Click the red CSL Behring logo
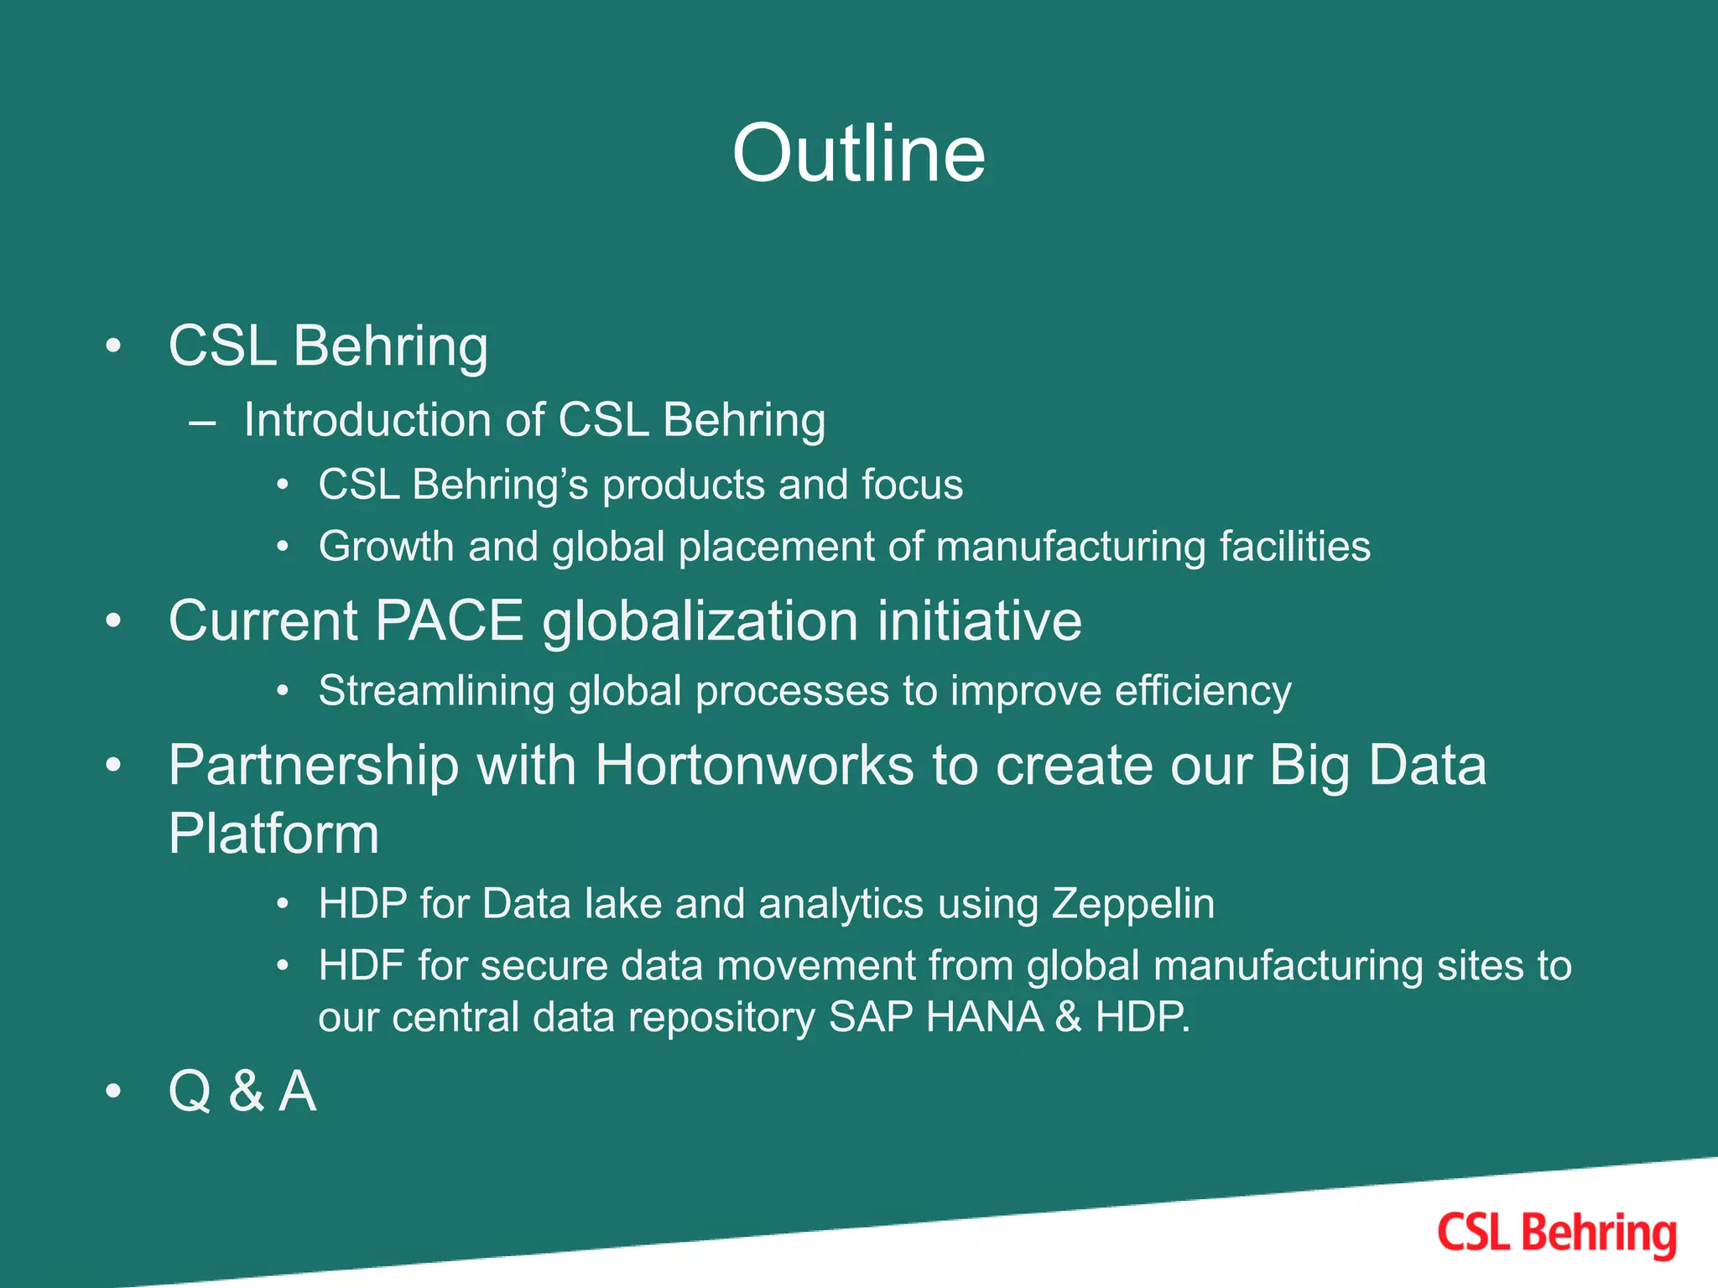tap(1556, 1233)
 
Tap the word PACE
tap(449, 621)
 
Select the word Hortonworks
tap(754, 766)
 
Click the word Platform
tap(273, 834)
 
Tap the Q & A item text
tap(242, 1092)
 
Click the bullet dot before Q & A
tap(113, 1092)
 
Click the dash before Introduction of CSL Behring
tap(202, 422)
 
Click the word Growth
tap(386, 547)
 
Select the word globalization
tap(700, 621)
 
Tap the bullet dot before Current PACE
tap(113, 621)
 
